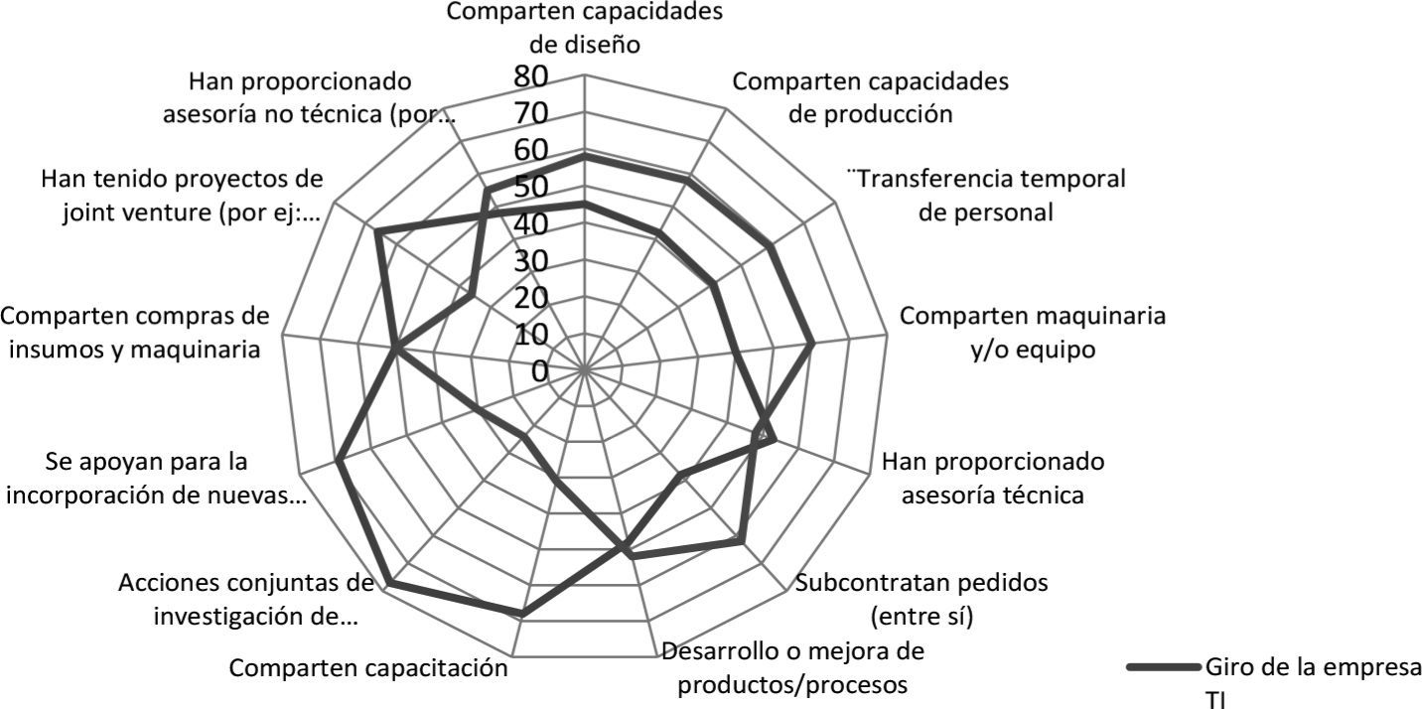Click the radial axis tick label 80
point(531,75)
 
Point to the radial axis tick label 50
point(531,187)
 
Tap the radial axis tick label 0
point(539,371)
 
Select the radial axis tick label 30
point(531,261)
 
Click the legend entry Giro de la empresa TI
point(1311,682)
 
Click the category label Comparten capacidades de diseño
point(584,28)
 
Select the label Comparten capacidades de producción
point(871,97)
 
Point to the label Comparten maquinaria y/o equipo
point(1033,333)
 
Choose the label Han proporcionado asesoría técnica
point(993,478)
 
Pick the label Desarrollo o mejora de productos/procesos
point(793,668)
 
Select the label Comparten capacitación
point(369,667)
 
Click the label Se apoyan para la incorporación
point(157,478)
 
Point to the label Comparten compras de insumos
point(135,333)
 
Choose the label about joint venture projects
point(183,196)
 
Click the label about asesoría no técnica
point(310,97)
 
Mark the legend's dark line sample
point(1163,668)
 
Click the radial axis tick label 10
point(531,335)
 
